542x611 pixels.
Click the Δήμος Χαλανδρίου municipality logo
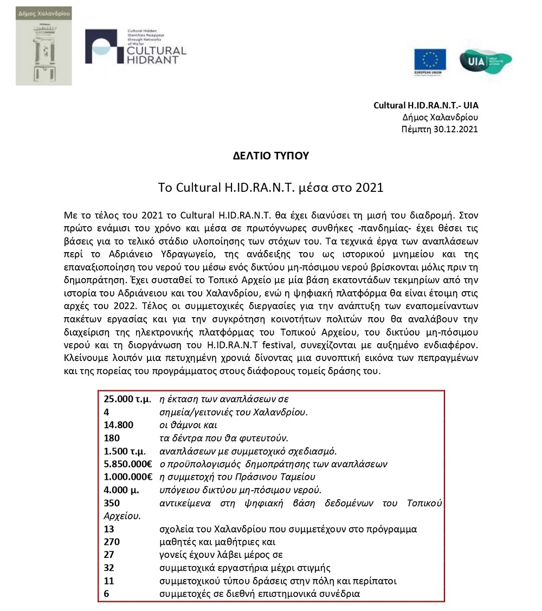[43, 46]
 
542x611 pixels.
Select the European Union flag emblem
[430, 61]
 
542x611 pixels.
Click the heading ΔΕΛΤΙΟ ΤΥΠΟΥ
[270, 156]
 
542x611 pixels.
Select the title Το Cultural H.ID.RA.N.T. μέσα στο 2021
[270, 188]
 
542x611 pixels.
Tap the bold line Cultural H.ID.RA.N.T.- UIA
[426, 105]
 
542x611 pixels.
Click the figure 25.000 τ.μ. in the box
[127, 399]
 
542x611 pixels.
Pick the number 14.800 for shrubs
[119, 425]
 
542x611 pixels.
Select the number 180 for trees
[112, 438]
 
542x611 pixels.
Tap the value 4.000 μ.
[121, 490]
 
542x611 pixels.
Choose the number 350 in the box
[112, 503]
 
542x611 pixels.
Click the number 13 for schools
[109, 529]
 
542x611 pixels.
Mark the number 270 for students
[112, 542]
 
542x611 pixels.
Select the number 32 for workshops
[109, 568]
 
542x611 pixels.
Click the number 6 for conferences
[106, 594]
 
